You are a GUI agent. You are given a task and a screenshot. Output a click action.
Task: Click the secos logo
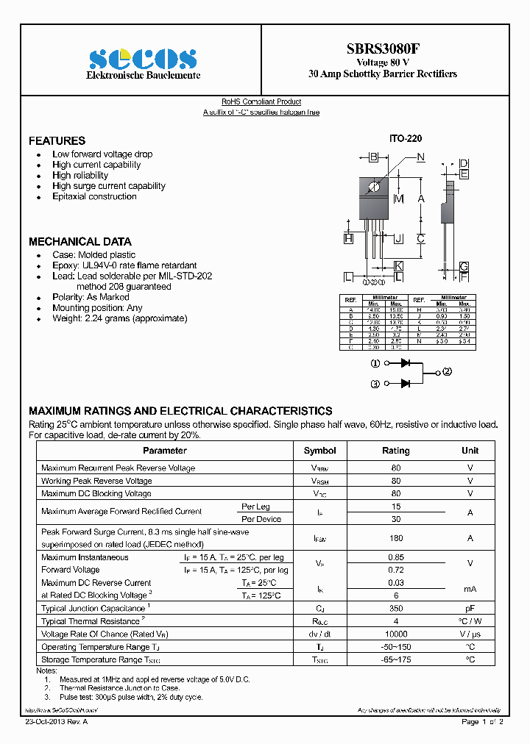(x=143, y=59)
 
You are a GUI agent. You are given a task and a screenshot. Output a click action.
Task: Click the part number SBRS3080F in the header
(x=383, y=49)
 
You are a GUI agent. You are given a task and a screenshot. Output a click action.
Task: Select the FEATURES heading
(x=57, y=140)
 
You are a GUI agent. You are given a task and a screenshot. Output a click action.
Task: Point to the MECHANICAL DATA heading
(x=79, y=241)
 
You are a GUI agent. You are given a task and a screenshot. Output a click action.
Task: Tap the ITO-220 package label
(x=406, y=138)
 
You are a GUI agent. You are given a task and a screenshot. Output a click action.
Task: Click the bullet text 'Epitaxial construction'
(x=94, y=196)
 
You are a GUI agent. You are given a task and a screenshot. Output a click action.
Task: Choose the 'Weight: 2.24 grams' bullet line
(x=119, y=318)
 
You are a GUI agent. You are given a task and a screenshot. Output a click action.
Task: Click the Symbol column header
(x=319, y=451)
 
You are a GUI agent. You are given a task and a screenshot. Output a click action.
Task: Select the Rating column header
(x=396, y=451)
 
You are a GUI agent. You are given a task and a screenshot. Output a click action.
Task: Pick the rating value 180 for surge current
(x=396, y=538)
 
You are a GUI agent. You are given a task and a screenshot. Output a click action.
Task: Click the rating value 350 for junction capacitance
(x=396, y=609)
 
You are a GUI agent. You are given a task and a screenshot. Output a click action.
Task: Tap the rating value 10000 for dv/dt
(x=396, y=634)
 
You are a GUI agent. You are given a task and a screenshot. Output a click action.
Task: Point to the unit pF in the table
(x=470, y=609)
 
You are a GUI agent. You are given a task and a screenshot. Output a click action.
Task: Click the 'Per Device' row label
(x=261, y=519)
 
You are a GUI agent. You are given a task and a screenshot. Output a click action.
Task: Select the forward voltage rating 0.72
(x=396, y=570)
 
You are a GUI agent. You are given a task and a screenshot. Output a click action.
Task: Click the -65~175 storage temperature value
(x=396, y=659)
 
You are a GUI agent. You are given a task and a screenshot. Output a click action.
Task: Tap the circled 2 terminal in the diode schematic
(x=447, y=371)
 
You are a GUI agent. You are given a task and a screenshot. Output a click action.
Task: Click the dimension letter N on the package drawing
(x=421, y=157)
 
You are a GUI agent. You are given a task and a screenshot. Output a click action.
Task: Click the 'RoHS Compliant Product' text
(x=261, y=101)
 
